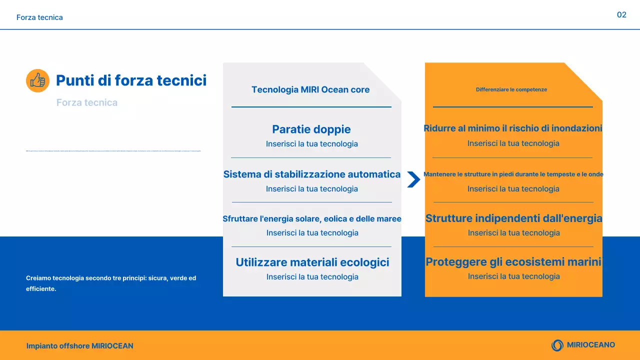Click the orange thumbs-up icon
(x=37, y=80)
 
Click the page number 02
(x=621, y=15)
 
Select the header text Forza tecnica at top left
(x=39, y=17)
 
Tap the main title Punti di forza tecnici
(x=131, y=80)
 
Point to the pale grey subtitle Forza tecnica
(x=87, y=102)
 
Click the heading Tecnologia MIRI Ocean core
(x=310, y=90)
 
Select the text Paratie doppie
(x=311, y=129)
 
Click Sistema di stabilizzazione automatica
(x=311, y=174)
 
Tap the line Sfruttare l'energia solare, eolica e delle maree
(x=311, y=219)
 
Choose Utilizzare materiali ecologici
(x=312, y=262)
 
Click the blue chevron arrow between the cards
(x=413, y=179)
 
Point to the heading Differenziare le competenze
(x=511, y=90)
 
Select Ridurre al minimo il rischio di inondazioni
(x=513, y=128)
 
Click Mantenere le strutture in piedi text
(x=513, y=174)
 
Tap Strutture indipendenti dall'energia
(x=513, y=218)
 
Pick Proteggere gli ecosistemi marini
(x=513, y=262)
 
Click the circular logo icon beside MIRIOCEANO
(x=557, y=345)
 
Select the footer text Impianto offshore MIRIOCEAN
(x=80, y=346)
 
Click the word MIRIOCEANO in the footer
(x=591, y=345)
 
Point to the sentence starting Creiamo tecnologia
(x=111, y=283)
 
